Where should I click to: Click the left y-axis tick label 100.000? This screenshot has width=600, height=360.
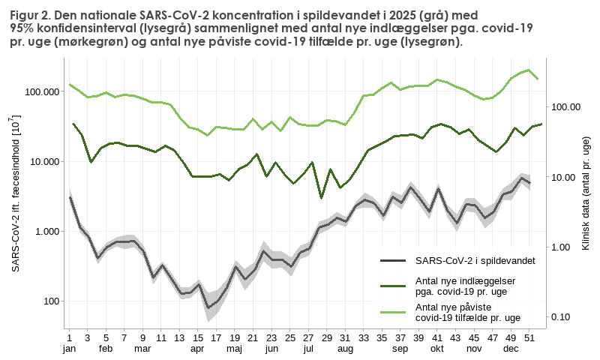41,91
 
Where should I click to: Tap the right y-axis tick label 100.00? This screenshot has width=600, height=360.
566,107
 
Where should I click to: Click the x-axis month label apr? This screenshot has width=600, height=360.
197,349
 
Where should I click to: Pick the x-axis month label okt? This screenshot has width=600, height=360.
436,349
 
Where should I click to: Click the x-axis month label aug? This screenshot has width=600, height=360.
345,349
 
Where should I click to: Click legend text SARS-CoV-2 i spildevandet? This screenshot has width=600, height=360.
474,260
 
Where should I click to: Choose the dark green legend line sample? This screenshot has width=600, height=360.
393,286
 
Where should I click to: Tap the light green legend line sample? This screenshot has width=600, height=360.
393,313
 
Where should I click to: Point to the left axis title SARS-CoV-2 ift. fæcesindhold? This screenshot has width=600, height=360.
16,193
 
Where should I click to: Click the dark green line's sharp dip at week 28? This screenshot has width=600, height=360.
321,198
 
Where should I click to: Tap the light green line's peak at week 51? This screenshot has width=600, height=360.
529,70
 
